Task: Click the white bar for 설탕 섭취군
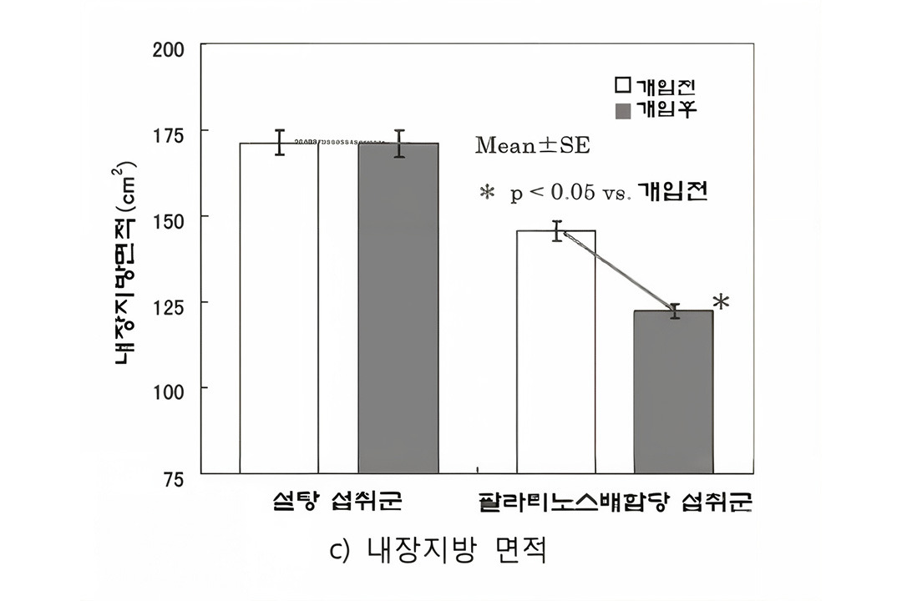tap(279, 309)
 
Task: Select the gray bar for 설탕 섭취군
tap(398, 309)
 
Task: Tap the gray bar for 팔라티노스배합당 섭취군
tap(673, 392)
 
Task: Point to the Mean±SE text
tap(532, 146)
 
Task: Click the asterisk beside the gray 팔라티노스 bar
tap(721, 303)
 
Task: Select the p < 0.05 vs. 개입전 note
tap(593, 193)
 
